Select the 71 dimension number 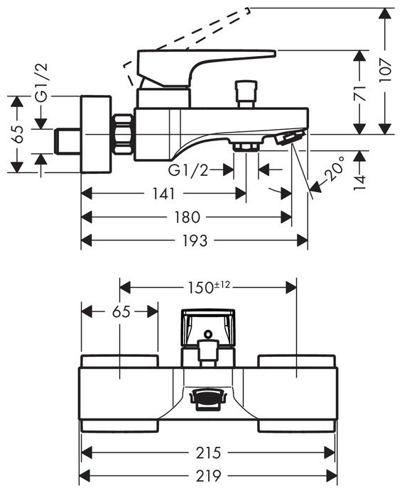360,92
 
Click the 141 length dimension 163,194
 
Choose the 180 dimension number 186,217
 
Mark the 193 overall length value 193,241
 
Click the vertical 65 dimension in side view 19,135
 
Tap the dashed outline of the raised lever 185,35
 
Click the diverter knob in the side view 246,92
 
